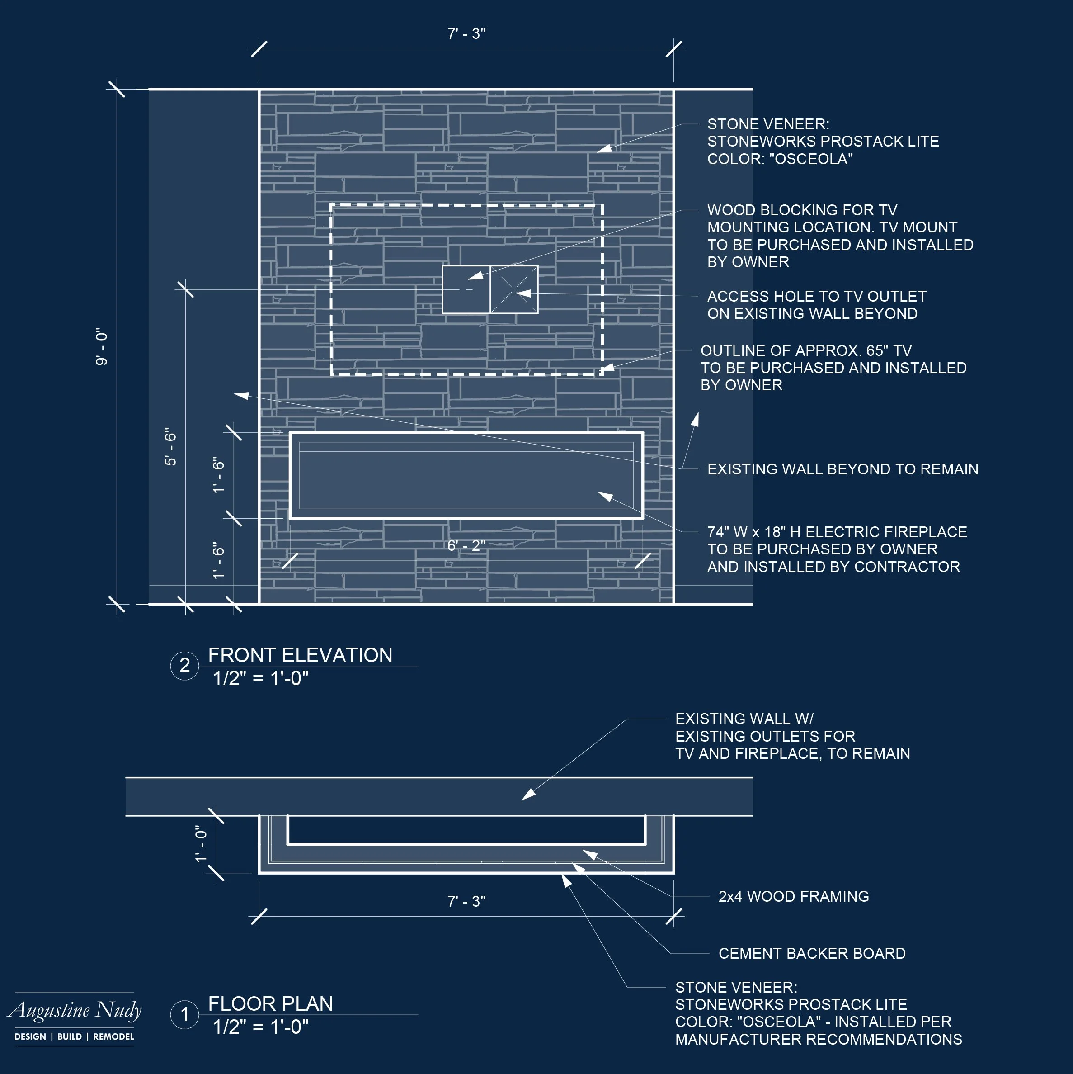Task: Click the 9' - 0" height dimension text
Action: click(x=102, y=346)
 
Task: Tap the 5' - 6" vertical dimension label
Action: click(x=170, y=446)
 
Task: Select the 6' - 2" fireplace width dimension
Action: click(x=466, y=545)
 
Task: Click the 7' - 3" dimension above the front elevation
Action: click(x=466, y=34)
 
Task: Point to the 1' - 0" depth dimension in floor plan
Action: click(x=201, y=844)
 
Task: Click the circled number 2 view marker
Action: click(x=184, y=665)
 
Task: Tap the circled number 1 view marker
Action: click(x=184, y=1014)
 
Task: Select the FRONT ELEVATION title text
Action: click(x=300, y=655)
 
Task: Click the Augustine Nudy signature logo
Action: click(x=75, y=1010)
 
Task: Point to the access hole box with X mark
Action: click(x=514, y=289)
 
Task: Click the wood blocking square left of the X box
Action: click(x=466, y=289)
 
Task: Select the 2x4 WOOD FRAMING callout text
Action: click(x=794, y=896)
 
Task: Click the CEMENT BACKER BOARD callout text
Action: click(x=812, y=953)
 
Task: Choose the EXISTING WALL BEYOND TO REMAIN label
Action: click(x=842, y=469)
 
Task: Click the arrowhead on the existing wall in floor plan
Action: click(x=528, y=795)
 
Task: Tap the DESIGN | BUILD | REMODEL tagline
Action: click(x=74, y=1037)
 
